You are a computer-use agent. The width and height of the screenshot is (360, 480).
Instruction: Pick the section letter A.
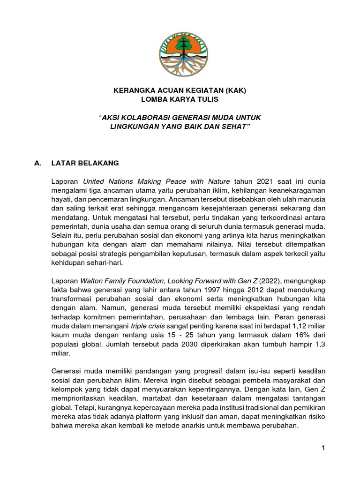coord(39,163)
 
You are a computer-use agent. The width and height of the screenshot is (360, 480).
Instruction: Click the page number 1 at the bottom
coord(323,449)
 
